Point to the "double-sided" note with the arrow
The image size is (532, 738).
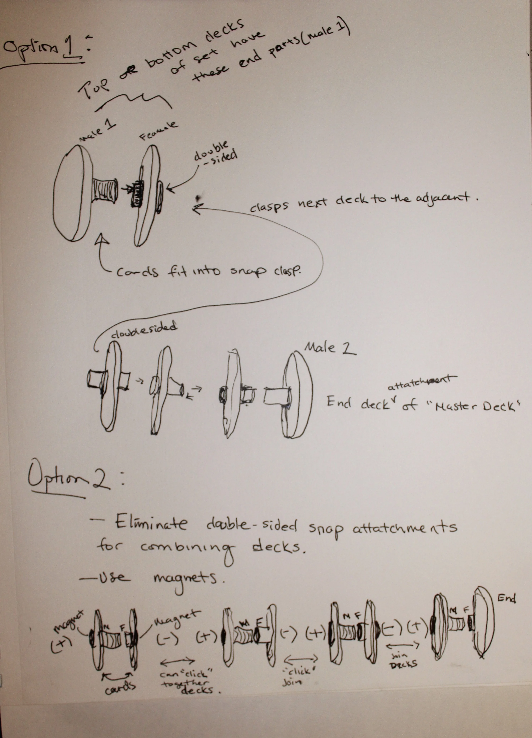(x=215, y=155)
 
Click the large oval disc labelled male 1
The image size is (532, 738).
(x=72, y=193)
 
